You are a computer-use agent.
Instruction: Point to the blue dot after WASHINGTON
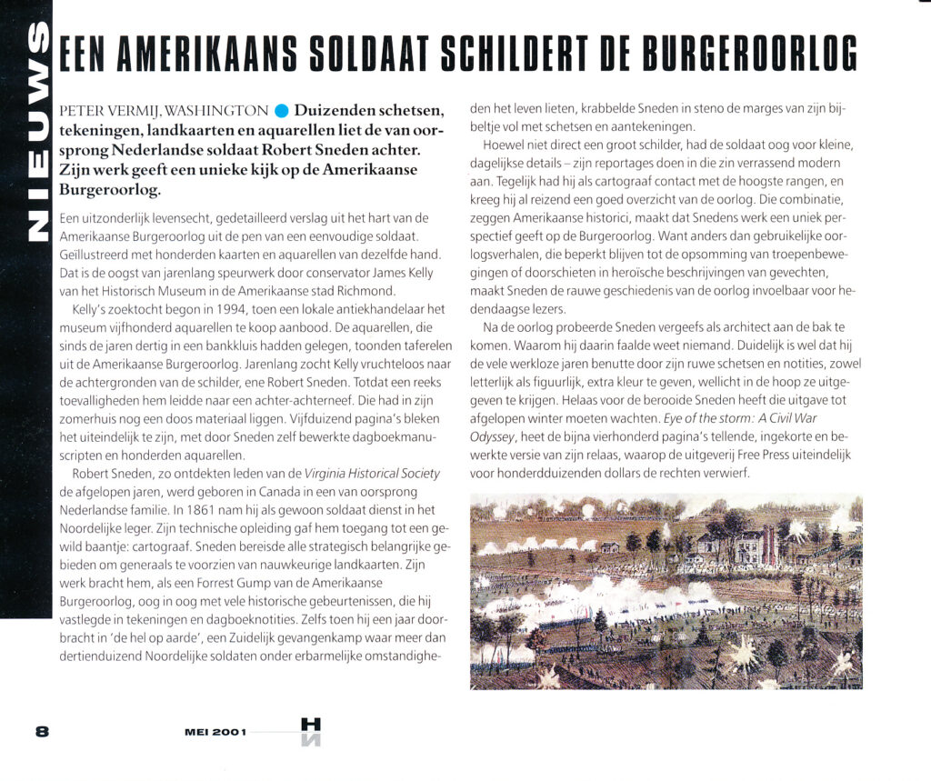(281, 112)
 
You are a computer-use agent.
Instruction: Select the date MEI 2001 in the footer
(215, 732)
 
